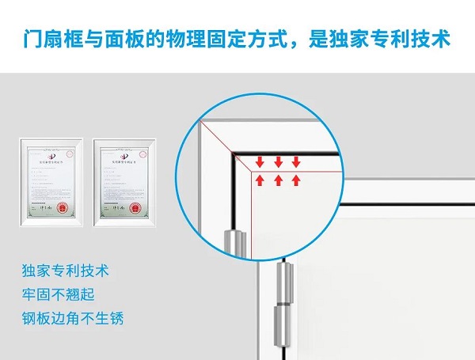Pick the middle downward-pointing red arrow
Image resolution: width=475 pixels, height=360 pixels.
pyautogui.click(x=278, y=162)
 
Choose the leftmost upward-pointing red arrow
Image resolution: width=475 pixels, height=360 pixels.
pyautogui.click(x=260, y=180)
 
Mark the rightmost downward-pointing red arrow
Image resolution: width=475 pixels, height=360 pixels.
pyautogui.click(x=296, y=162)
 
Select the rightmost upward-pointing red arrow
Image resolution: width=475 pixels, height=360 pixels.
pyautogui.click(x=296, y=180)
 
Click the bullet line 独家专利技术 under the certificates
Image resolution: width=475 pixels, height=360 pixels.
pyautogui.click(x=66, y=271)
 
